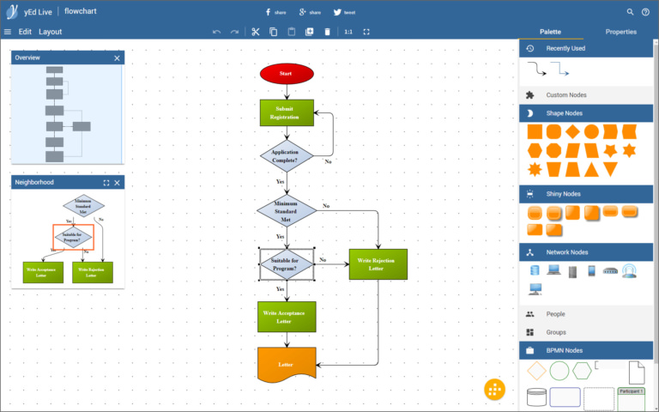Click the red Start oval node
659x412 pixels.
coord(287,74)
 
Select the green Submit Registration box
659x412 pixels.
coord(287,112)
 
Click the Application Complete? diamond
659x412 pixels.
coord(287,156)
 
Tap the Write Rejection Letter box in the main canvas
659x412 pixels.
coord(378,264)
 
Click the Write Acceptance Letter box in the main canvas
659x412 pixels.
coord(287,316)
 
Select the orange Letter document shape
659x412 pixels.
coord(287,363)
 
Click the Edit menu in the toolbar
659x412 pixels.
coord(25,32)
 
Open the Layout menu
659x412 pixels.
coord(51,32)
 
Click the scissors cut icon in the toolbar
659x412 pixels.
coord(255,32)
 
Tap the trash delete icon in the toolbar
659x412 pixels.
coord(327,32)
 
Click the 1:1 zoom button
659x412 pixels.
coord(348,32)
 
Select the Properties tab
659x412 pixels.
coord(620,32)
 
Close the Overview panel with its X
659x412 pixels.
coord(118,58)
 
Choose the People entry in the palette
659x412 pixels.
coord(556,314)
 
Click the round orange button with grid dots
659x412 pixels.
coord(494,389)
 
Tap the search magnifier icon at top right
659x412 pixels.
coord(631,12)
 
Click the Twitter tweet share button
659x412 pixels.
coord(342,13)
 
